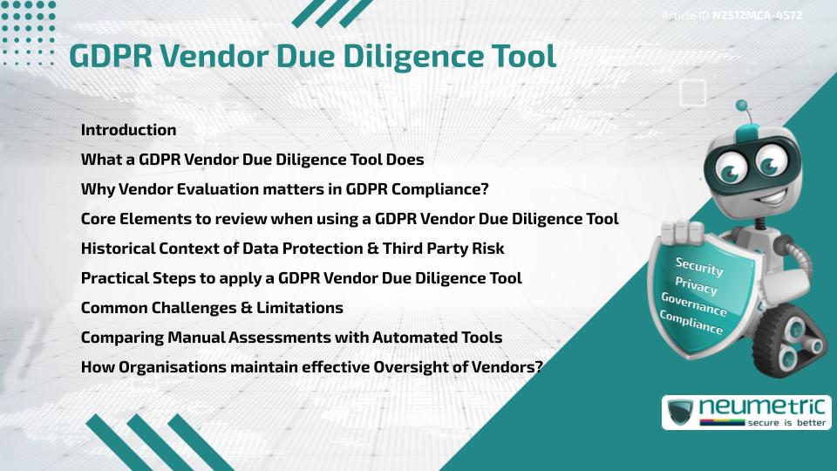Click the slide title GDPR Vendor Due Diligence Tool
coord(312,55)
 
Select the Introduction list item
coord(128,130)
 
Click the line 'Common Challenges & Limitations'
coord(212,308)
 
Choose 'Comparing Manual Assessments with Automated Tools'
coord(291,338)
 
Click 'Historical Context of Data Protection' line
coord(292,249)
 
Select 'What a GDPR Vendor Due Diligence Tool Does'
coord(252,160)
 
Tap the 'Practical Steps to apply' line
coord(301,278)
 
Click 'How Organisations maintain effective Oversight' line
coord(311,367)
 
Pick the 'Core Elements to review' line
coord(350,219)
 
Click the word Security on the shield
coord(699,266)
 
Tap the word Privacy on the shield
coord(696,286)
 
